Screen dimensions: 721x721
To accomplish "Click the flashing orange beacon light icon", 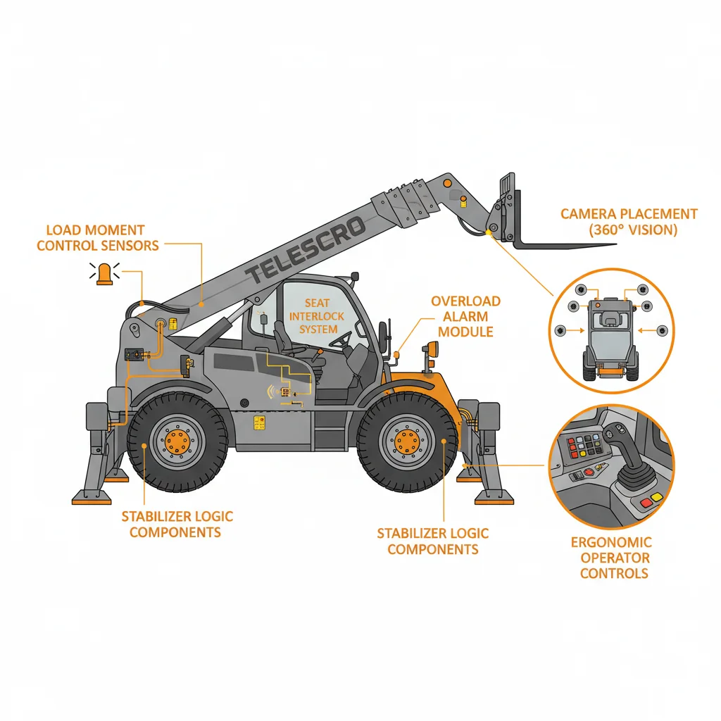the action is coord(104,274).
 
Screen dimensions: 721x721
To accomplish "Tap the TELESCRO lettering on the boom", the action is coord(306,250).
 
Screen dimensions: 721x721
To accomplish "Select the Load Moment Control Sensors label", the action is coord(97,238).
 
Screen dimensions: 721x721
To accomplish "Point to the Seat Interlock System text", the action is coord(317,316).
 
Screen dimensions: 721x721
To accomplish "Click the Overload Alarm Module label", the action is coord(465,316).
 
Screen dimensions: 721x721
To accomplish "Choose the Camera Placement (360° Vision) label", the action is coord(629,222).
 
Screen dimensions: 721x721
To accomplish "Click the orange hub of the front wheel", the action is coord(408,442).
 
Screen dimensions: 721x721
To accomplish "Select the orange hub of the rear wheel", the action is coord(177,442).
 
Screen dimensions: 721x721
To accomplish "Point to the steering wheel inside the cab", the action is coord(341,339).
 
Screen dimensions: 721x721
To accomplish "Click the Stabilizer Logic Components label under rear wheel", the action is coord(177,524).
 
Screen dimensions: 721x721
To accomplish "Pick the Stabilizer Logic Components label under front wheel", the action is coord(433,541).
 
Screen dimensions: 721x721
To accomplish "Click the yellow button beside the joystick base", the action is coord(656,496).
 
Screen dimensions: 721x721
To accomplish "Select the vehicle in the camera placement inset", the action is coord(610,339).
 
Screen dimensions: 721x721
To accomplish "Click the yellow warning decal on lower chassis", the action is coord(259,422).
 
